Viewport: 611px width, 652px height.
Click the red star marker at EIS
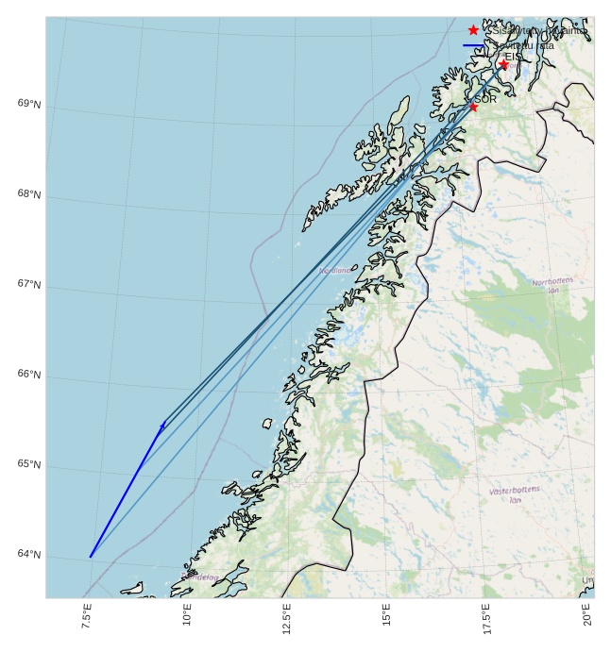pos(503,64)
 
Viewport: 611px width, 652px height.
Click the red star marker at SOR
pos(473,107)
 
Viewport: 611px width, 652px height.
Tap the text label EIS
pos(512,57)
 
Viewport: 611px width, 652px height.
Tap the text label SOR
pos(485,99)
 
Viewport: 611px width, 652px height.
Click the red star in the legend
pos(474,30)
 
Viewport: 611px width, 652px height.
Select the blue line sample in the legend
pos(474,45)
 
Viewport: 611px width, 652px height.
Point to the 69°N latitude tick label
pos(29,104)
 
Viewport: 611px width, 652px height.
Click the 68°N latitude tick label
pos(29,194)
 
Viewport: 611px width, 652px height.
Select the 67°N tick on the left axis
pos(29,284)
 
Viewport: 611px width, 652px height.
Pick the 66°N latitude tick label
pos(29,375)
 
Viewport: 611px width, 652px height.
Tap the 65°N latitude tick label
pos(29,464)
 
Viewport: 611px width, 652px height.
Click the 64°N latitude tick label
pos(29,554)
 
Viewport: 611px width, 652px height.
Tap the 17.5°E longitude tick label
pos(486,617)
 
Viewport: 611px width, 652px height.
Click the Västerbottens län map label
pos(515,494)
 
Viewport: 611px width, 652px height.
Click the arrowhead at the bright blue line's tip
pos(162,426)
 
